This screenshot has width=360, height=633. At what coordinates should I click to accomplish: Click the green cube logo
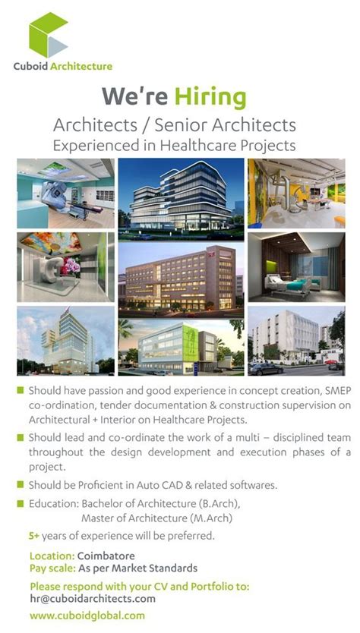49,35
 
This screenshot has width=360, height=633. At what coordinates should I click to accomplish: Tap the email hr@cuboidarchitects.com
93,599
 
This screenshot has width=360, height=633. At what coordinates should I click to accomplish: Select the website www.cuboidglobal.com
87,616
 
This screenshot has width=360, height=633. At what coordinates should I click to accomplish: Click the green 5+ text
34,536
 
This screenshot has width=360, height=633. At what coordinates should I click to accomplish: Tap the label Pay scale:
52,568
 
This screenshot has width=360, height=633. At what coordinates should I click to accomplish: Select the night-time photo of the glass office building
180,194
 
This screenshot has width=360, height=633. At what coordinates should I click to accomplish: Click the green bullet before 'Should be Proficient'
21,484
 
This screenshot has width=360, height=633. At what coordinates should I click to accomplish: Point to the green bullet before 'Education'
21,503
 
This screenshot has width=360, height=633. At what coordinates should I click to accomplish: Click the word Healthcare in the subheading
216,144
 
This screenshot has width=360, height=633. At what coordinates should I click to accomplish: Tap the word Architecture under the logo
81,67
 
